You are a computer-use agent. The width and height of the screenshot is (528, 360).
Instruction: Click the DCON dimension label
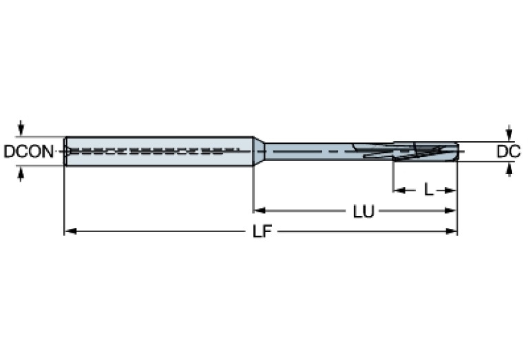[x=28, y=151]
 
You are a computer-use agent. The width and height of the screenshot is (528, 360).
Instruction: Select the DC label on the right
[x=508, y=151]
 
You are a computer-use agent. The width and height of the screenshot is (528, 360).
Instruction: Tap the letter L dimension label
[x=428, y=189]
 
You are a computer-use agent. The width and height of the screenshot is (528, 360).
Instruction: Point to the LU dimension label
[x=363, y=211]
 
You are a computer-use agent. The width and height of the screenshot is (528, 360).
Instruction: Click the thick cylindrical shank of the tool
[x=158, y=150]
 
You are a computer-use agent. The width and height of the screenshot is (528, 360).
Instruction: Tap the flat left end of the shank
[x=65, y=151]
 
